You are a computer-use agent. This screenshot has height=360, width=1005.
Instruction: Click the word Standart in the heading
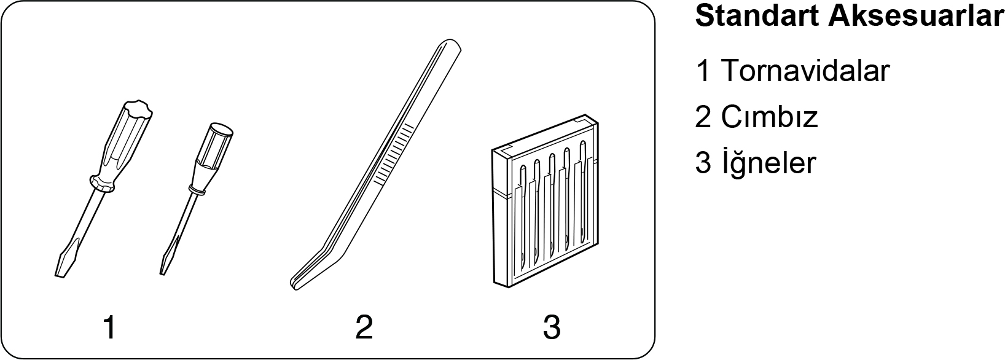tap(757, 17)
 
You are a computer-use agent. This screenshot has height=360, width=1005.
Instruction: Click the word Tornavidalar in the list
tap(805, 71)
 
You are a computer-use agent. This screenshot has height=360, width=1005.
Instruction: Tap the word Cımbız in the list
tap(770, 117)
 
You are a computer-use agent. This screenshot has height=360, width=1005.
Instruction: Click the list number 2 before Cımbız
tap(703, 117)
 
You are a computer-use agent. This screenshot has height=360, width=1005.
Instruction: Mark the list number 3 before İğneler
tap(703, 163)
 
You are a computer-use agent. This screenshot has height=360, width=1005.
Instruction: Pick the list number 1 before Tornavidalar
tap(703, 71)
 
